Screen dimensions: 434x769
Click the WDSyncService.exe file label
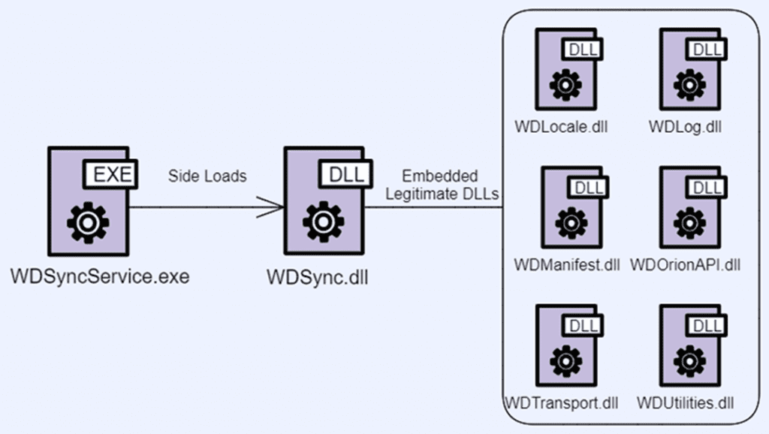[100, 276]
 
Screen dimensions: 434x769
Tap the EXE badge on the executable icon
[111, 176]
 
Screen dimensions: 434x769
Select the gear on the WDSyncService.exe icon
[88, 222]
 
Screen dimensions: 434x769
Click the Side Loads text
[207, 177]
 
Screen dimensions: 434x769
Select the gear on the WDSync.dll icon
[324, 222]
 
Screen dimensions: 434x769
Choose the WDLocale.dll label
[561, 126]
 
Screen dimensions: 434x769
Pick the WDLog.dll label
[685, 126]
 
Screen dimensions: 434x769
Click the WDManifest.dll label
[567, 265]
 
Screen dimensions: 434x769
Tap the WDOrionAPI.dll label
[685, 265]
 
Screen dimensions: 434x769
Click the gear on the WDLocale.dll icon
[565, 86]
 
